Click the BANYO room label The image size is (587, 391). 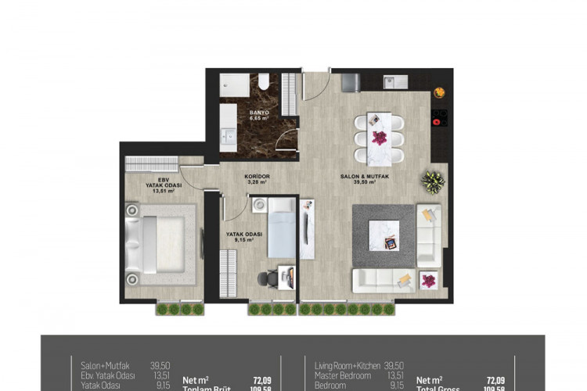tap(259, 114)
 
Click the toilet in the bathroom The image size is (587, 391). tap(263, 83)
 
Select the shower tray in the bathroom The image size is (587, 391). tap(233, 85)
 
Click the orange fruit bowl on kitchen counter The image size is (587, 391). tap(439, 93)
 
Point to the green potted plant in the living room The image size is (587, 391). tap(432, 181)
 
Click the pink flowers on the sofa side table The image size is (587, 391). tap(429, 278)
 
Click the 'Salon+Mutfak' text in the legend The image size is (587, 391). tap(104, 364)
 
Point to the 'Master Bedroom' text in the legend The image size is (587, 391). tap(341, 375)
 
